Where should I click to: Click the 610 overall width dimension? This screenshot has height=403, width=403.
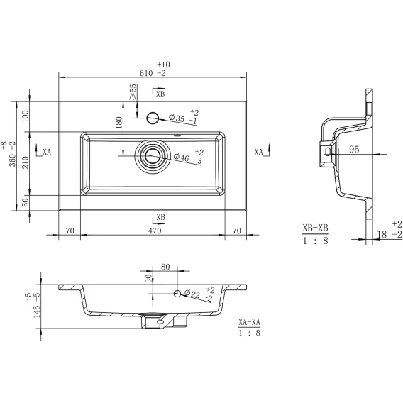pyautogui.click(x=146, y=73)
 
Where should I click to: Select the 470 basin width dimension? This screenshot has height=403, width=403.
pyautogui.click(x=155, y=231)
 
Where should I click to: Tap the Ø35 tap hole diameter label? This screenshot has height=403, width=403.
pyautogui.click(x=177, y=118)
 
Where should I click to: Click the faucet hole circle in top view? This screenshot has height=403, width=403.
pyautogui.click(x=153, y=118)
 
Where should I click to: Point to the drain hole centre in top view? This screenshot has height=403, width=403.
pyautogui.click(x=153, y=156)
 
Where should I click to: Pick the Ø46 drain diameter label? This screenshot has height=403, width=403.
pyautogui.click(x=181, y=158)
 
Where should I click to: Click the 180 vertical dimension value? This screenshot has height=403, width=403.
pyautogui.click(x=118, y=123)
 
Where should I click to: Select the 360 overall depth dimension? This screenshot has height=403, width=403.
pyautogui.click(x=13, y=160)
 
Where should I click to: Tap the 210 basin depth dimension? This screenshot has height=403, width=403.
pyautogui.click(x=26, y=162)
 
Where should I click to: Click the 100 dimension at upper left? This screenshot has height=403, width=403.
pyautogui.click(x=26, y=116)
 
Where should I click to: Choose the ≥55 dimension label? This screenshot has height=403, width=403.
pyautogui.click(x=133, y=92)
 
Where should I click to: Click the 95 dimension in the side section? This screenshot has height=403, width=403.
pyautogui.click(x=354, y=149)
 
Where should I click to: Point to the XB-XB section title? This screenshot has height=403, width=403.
pyautogui.click(x=315, y=228)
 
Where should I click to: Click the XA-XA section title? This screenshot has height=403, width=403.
pyautogui.click(x=249, y=322)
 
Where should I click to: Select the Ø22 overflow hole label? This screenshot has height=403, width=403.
pyautogui.click(x=192, y=294)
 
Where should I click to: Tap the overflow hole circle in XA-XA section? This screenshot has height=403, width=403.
pyautogui.click(x=177, y=293)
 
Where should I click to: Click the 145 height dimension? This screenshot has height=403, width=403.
pyautogui.click(x=37, y=311)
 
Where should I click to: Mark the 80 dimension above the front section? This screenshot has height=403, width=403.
pyautogui.click(x=165, y=267)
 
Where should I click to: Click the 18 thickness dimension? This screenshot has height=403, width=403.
pyautogui.click(x=382, y=234)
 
